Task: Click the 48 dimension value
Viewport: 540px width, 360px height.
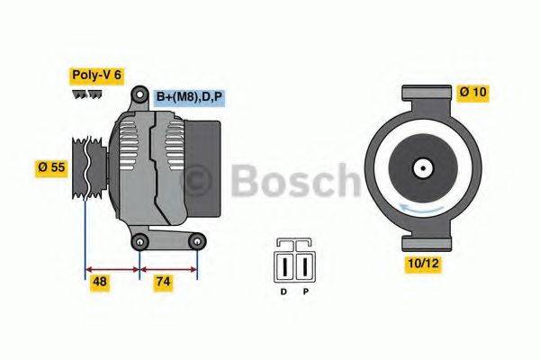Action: click(101, 282)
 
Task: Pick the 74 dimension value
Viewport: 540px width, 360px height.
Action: click(162, 282)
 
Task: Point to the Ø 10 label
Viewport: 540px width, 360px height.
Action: click(475, 92)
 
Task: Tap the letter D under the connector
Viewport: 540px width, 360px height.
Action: click(283, 291)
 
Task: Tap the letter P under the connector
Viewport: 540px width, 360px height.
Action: click(305, 291)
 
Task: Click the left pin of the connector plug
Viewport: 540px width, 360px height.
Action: click(287, 267)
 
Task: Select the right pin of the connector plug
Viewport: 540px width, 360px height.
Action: click(304, 267)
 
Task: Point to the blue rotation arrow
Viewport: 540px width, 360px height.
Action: click(422, 208)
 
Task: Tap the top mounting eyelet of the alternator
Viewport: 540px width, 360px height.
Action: click(140, 95)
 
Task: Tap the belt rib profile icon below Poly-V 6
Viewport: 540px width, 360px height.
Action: click(86, 94)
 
